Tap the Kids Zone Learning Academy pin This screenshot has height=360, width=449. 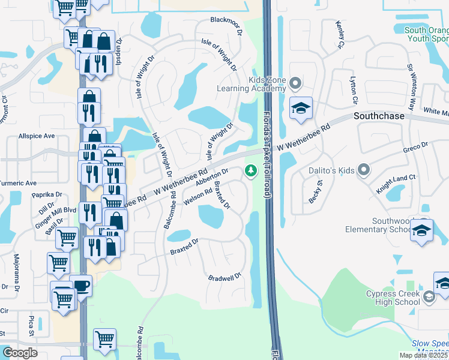295,83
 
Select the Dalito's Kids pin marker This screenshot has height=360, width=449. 363,171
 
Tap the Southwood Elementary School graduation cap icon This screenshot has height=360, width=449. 421,230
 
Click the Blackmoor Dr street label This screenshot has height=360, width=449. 226,20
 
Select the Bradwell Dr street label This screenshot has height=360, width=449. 224,277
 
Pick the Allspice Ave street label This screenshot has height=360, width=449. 37,136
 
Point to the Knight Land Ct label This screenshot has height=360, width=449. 396,178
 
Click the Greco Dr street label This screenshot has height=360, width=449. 415,146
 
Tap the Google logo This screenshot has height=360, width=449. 20,353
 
